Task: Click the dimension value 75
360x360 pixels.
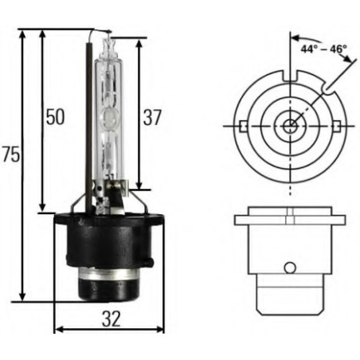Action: pyautogui.click(x=10, y=155)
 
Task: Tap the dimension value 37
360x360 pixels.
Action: pyautogui.click(x=151, y=118)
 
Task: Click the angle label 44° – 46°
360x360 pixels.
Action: pyautogui.click(x=325, y=49)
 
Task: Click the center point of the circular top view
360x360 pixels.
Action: pyautogui.click(x=291, y=124)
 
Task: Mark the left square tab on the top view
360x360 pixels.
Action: pyautogui.click(x=239, y=124)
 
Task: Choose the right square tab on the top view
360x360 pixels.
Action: pyautogui.click(x=341, y=124)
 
